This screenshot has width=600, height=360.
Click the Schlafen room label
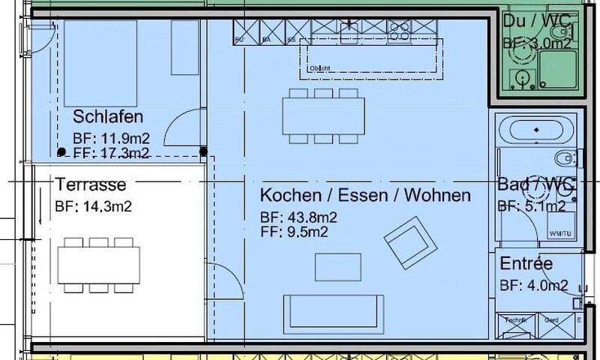click(108, 117)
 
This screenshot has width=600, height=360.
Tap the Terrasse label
click(91, 184)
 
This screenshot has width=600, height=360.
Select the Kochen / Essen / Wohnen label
click(365, 196)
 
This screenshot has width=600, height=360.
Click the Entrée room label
click(526, 264)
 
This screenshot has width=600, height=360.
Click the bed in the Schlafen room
click(100, 63)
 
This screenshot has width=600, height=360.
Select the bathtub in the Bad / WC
click(537, 130)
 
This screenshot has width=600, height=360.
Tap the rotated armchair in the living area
click(410, 242)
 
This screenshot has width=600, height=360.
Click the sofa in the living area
click(333, 309)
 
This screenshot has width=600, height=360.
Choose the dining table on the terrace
click(98, 264)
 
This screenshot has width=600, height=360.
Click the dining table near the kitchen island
click(324, 115)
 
